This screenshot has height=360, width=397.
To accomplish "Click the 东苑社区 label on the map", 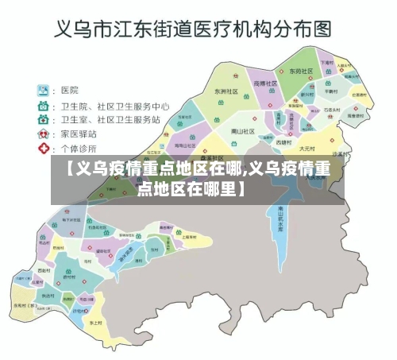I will point(301,71).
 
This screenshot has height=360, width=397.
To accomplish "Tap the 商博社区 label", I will point(265,83).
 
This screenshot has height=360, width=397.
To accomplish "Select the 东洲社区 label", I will point(226,91).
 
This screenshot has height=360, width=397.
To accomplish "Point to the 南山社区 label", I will point(242,131).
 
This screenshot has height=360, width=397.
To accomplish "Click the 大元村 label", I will point(307,148).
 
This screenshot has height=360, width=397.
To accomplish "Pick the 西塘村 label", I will point(283,142).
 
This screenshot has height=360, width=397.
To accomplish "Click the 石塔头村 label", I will point(332,110).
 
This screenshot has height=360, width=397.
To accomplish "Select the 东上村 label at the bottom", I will point(95,323).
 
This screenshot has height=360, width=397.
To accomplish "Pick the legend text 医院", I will point(69,91).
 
